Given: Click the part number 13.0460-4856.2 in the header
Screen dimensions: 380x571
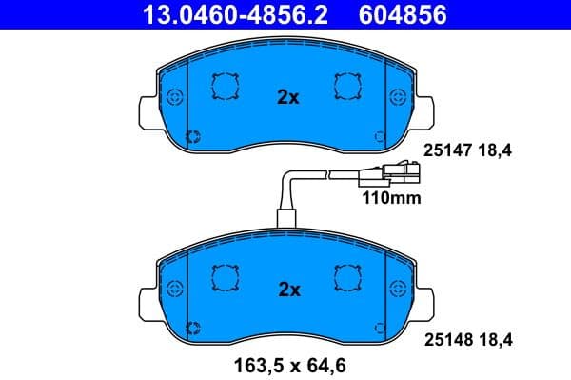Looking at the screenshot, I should point(227,14).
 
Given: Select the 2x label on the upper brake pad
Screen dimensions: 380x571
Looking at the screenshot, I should point(287,98).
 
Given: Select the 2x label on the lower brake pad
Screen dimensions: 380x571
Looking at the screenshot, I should point(287,289).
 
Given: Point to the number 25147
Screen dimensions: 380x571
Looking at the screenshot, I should point(444,150).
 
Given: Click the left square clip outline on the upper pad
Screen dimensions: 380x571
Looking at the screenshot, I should point(225,87).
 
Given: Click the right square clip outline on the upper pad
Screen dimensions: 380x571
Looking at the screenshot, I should point(347,87).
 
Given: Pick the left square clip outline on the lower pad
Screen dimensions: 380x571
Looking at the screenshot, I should point(225,276).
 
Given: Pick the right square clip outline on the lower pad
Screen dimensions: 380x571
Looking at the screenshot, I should point(347,276).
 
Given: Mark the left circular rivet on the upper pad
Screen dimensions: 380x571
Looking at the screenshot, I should point(172,97).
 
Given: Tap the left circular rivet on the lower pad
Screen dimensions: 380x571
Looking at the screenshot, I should point(172,287).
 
